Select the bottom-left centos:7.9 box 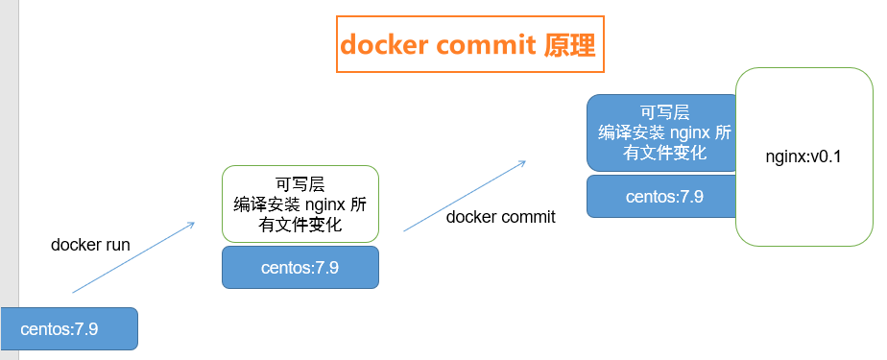pos(69,329)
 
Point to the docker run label pos(90,245)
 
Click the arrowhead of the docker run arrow pos(192,225)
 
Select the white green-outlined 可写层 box pos(300,204)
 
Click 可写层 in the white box pos(300,184)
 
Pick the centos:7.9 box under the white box pos(300,267)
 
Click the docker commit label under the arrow pos(501,217)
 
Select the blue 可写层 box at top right pos(660,132)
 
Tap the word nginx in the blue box pos(690,132)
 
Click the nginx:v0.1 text pos(803,156)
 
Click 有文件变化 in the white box pos(300,225)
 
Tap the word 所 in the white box pos(358,204)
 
